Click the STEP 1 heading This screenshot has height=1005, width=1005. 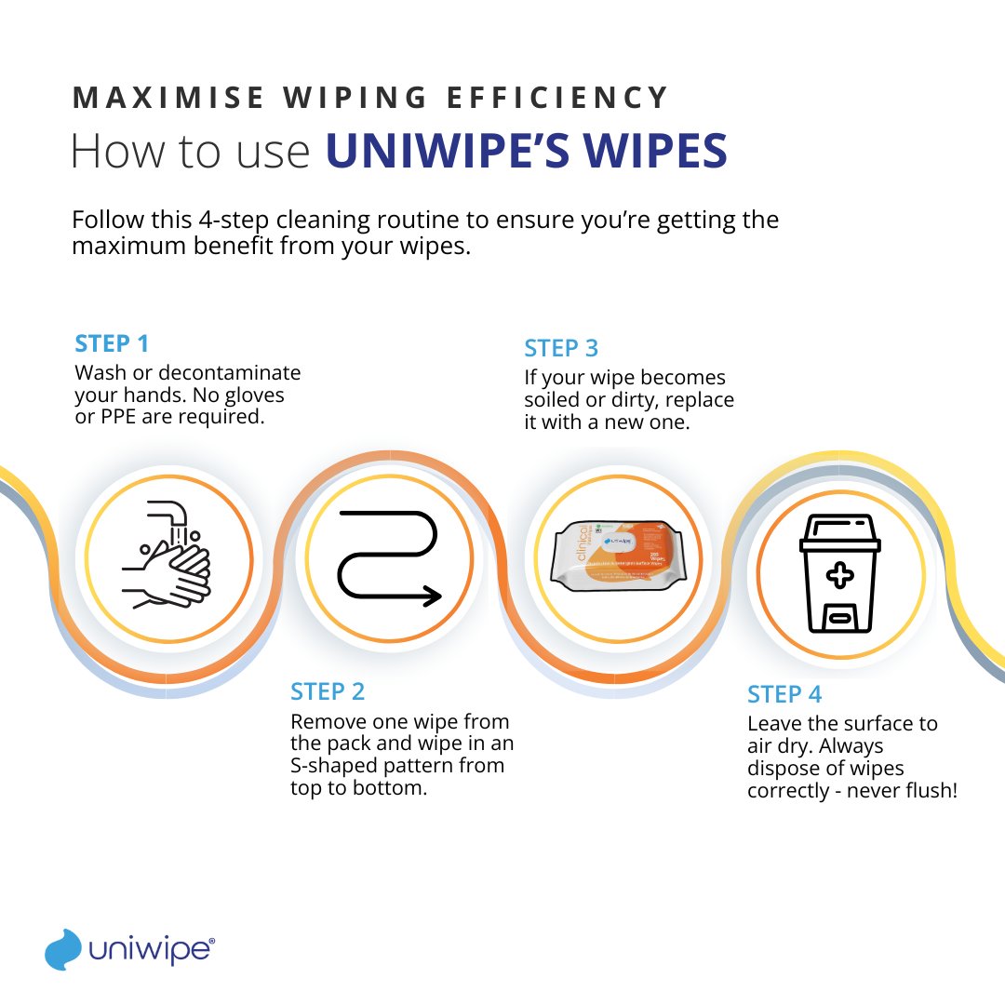pos(112,343)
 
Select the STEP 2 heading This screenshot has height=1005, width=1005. pos(328,691)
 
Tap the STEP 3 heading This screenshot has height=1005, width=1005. pos(561,349)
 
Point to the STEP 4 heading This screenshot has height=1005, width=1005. pos(784,694)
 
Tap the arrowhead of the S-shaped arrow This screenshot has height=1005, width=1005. pos(431,595)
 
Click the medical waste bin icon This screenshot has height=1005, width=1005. pos(840,572)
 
